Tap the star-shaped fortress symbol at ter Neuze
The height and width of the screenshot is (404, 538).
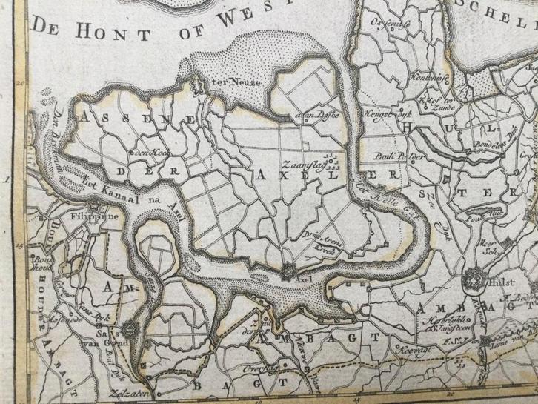click(197, 85)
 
